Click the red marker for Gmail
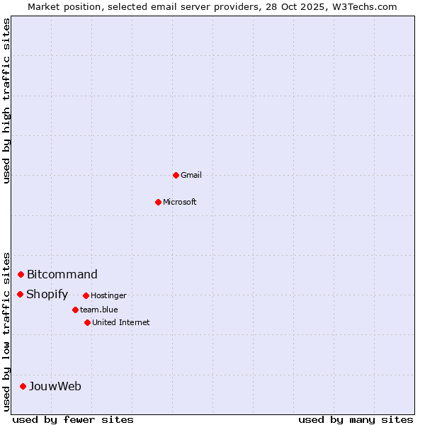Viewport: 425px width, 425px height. point(176,175)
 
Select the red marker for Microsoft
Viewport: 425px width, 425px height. point(158,202)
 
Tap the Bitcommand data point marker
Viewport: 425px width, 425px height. point(21,274)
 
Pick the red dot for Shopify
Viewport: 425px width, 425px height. point(20,294)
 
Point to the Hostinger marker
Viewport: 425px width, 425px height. point(86,295)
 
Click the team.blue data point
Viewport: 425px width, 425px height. point(75,310)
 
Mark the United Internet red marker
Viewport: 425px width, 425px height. point(87,322)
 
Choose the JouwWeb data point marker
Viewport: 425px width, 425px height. point(23,386)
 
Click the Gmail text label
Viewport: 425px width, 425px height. point(191,175)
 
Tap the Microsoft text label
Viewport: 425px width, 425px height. point(180,202)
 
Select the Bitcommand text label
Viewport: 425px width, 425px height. point(62,274)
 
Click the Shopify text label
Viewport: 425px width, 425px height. point(47,294)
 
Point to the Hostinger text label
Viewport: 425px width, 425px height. point(108,295)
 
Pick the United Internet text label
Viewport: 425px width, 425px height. point(121,322)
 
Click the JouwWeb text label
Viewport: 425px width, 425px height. point(55,386)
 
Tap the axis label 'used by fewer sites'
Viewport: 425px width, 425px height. point(73,419)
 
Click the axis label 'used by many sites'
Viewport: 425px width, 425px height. point(356,419)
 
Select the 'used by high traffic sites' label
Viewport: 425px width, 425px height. point(7,101)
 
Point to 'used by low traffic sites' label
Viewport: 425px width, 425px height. point(7,331)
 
